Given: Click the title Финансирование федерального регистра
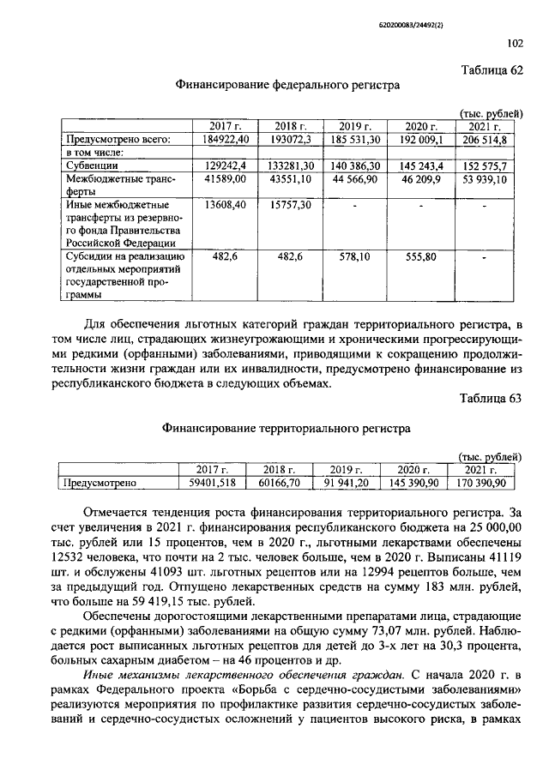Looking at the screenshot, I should click(287, 85).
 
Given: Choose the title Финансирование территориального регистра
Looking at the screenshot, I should click(287, 426).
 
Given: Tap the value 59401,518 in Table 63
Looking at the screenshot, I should click(209, 483).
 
